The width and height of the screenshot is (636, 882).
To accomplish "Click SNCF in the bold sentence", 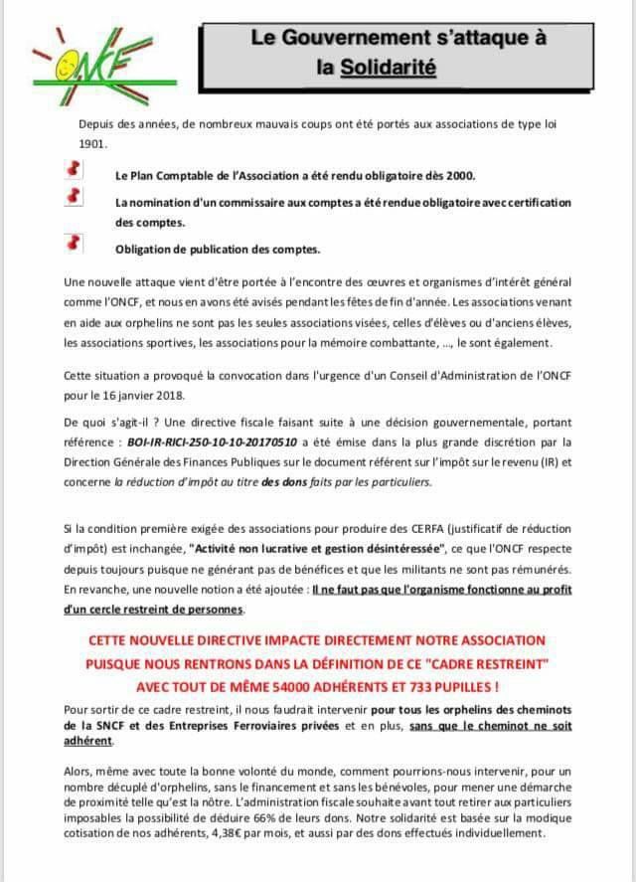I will point(107,727).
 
